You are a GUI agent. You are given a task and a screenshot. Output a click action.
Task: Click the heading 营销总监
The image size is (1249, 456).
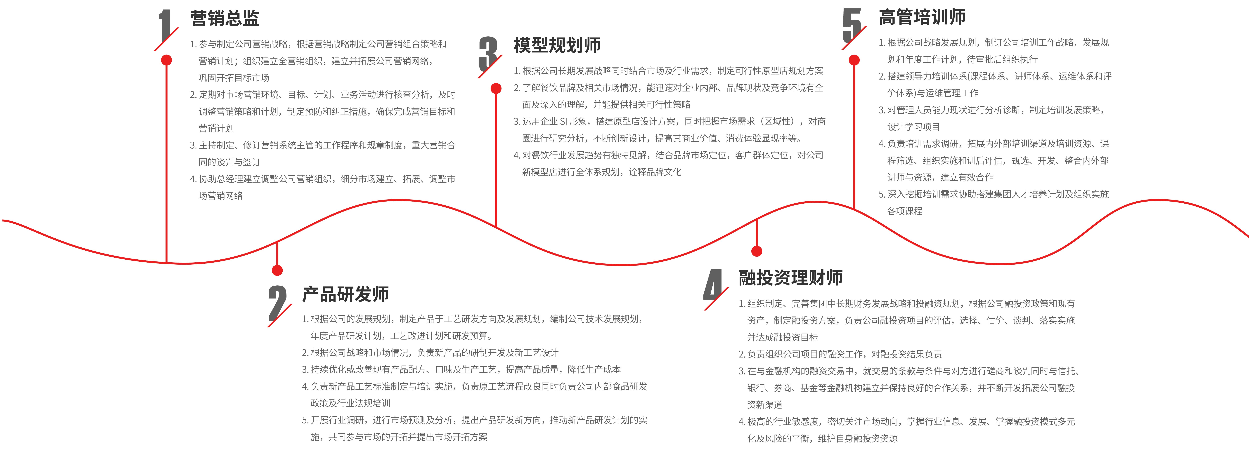(225, 18)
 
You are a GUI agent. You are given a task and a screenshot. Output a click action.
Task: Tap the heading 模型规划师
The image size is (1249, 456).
(557, 45)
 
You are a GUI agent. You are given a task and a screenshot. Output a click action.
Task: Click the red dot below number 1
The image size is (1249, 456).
(166, 60)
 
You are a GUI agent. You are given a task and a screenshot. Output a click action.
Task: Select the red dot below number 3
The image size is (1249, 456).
(496, 88)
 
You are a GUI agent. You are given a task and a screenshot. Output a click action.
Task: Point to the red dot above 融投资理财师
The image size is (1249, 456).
(756, 251)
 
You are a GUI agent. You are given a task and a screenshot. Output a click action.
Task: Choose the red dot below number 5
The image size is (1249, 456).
(854, 60)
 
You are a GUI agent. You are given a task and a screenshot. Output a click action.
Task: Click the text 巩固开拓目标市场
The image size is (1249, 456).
(234, 78)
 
